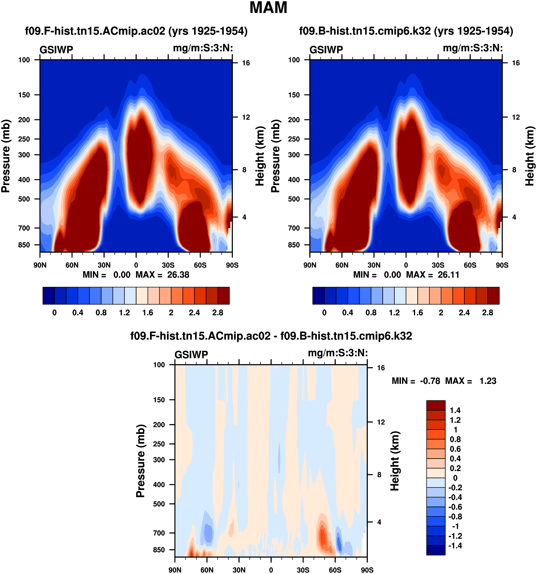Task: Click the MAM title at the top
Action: (x=268, y=8)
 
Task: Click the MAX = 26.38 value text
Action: (x=162, y=275)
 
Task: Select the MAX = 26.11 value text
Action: (x=432, y=275)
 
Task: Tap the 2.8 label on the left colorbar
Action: (x=218, y=313)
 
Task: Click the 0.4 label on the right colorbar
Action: (x=348, y=313)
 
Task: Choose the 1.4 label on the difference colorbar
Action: (x=455, y=410)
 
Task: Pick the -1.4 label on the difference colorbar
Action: (x=455, y=545)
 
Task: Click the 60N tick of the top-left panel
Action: (x=72, y=265)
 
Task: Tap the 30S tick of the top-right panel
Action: (x=438, y=265)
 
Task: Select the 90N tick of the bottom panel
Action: (x=175, y=570)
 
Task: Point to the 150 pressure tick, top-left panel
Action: (x=24, y=95)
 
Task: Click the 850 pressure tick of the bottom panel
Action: (x=159, y=550)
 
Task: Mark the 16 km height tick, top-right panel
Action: (x=516, y=63)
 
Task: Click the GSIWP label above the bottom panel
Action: (x=191, y=354)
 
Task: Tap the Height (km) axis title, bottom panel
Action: (x=395, y=461)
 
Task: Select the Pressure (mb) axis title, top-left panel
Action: (x=6, y=156)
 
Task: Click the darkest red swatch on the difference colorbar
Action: (x=436, y=405)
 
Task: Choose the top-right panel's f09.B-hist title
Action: (x=406, y=31)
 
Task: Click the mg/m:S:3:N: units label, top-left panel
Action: (x=203, y=48)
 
